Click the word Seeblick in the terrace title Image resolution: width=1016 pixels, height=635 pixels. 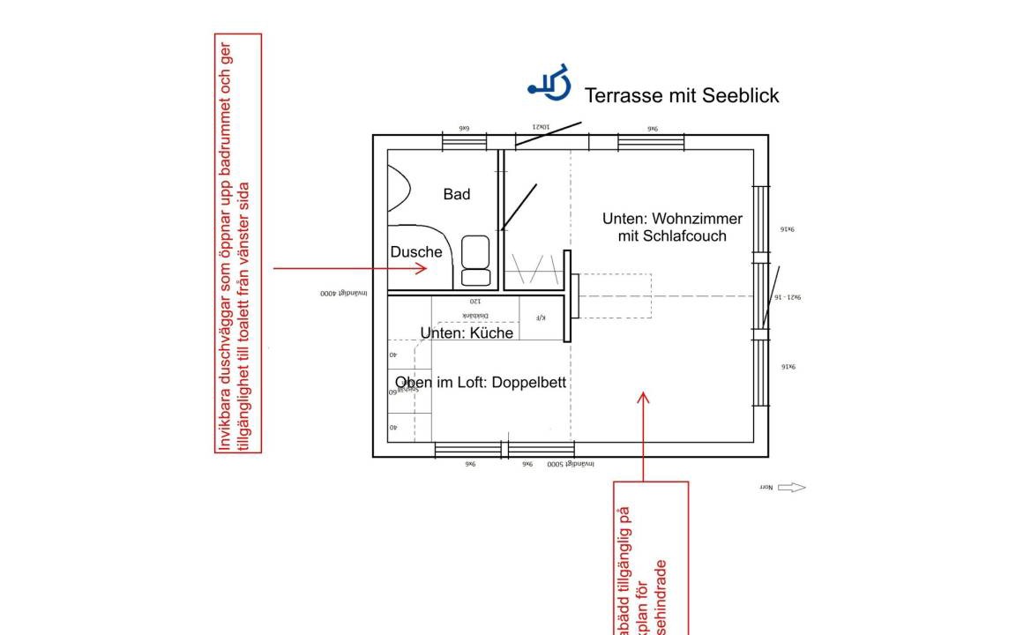point(740,95)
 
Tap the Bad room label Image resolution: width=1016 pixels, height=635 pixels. point(457,194)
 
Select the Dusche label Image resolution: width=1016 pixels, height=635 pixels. point(416,252)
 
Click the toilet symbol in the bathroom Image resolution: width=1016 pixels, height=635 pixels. point(475,261)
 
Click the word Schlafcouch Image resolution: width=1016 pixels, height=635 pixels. point(685,235)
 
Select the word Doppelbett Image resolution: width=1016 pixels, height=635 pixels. point(529,383)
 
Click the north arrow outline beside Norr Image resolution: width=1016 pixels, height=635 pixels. point(792,488)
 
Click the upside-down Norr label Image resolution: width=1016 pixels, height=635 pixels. point(766,488)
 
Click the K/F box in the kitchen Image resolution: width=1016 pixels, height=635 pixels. point(541,317)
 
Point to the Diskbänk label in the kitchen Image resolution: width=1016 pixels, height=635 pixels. point(475,315)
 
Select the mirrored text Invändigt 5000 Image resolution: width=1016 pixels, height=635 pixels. point(571,464)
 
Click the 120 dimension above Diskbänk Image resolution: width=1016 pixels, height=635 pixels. point(475,302)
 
